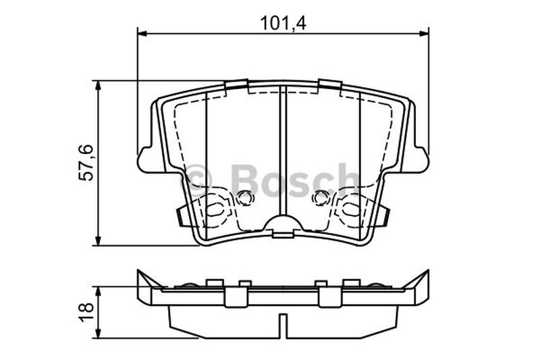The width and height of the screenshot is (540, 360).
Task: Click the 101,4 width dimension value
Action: (283, 24)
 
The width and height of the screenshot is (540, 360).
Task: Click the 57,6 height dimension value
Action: (86, 163)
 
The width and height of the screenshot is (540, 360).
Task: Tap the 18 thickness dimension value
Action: (86, 312)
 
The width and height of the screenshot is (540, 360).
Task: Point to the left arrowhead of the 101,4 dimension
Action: (142, 33)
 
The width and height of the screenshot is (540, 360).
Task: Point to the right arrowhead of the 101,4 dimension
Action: (424, 33)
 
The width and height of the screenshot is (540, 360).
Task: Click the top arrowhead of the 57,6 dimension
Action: (99, 86)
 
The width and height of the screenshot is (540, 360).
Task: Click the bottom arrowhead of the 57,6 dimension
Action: (99, 240)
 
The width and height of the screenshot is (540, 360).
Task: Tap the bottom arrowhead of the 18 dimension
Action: (99, 333)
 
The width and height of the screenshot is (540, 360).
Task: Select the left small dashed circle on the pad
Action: (245, 198)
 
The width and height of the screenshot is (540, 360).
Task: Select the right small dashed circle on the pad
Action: (321, 198)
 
